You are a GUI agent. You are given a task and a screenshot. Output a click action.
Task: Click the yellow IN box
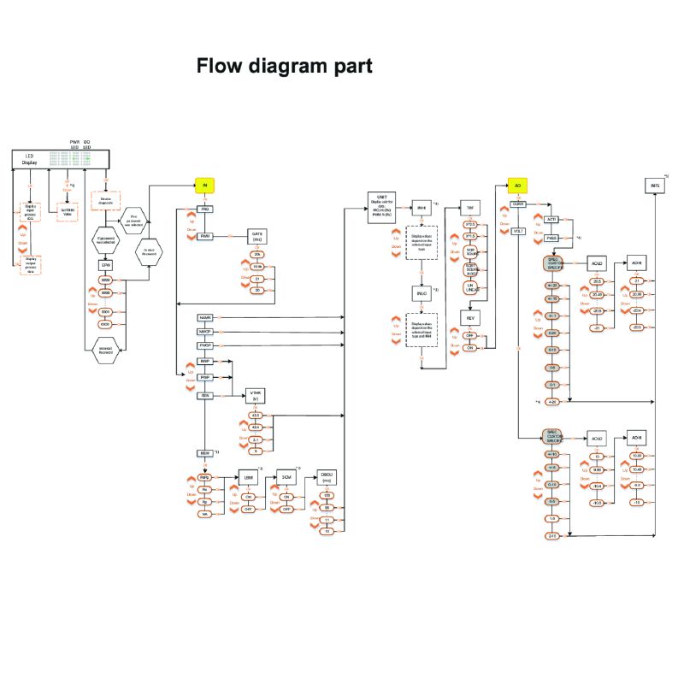click(x=204, y=186)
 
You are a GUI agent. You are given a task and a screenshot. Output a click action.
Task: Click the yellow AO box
click(x=517, y=185)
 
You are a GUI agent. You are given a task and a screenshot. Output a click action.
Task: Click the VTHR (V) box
click(x=255, y=396)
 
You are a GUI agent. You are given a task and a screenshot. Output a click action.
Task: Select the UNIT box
click(x=382, y=206)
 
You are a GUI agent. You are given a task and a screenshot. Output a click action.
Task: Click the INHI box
click(x=421, y=207)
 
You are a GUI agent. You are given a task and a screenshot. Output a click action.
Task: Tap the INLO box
click(x=421, y=293)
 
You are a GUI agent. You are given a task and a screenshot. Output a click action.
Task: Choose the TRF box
click(x=470, y=207)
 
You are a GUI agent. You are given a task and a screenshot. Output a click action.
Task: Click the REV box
click(x=470, y=317)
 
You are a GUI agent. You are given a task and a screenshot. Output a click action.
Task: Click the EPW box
click(x=106, y=265)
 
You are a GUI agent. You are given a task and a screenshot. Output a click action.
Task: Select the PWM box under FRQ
click(x=205, y=236)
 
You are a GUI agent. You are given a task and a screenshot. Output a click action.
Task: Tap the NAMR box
click(x=205, y=317)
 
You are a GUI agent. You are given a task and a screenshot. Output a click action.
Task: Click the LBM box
click(x=249, y=477)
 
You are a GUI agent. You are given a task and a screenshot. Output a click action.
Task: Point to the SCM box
click(x=287, y=477)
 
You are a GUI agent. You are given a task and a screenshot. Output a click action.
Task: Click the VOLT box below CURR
click(x=517, y=231)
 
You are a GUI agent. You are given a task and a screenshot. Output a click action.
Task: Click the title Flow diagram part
click(x=284, y=66)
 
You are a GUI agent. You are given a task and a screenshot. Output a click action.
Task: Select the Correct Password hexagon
click(x=150, y=251)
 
